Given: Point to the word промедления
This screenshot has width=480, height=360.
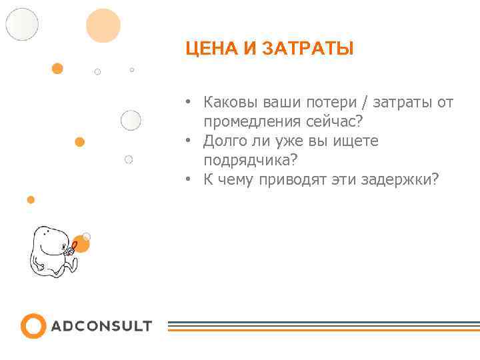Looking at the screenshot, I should tap(252, 122).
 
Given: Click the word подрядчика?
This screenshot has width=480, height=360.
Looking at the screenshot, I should tap(251, 161).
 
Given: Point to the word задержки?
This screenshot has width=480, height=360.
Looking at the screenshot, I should tap(399, 180).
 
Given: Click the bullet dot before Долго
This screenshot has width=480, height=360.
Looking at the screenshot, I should tap(189, 141).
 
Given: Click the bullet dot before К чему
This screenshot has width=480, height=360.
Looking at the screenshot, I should tap(189, 180).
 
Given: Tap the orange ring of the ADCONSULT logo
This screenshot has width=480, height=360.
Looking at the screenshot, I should tap(33, 326).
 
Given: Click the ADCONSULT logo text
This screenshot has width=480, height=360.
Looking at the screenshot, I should tap(101, 327).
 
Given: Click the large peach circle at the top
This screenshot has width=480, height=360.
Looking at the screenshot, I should tap(103, 25).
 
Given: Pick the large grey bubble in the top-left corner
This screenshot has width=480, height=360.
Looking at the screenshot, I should tap(23, 24).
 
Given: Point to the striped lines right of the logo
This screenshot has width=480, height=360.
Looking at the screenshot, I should tap(323, 326).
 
